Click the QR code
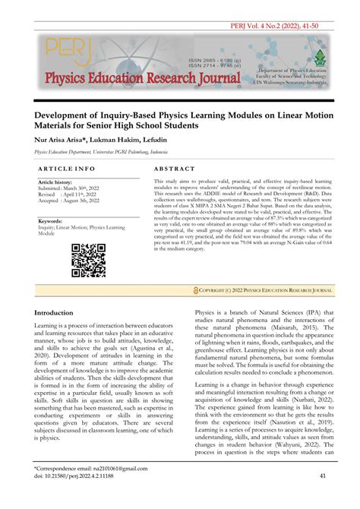coord(88,260)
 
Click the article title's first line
coord(179,110)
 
